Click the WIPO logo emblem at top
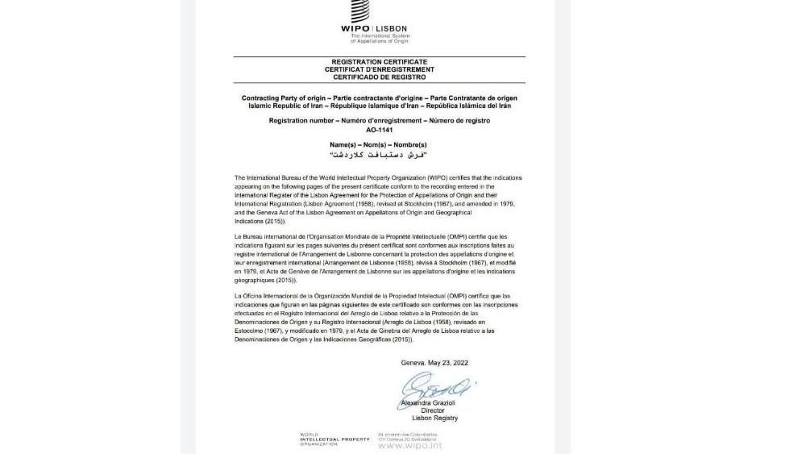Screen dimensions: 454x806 (x=360, y=11)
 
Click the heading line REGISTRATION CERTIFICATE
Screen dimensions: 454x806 (x=379, y=62)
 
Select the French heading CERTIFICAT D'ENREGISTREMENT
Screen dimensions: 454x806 (x=379, y=69)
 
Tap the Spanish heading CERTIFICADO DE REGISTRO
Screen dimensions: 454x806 (x=379, y=77)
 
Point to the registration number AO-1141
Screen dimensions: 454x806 (x=379, y=129)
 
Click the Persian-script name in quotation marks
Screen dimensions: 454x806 (x=379, y=154)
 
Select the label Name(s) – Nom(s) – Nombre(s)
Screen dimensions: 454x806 (x=379, y=145)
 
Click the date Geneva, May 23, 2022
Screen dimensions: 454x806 (x=434, y=363)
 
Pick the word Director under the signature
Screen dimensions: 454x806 (x=433, y=410)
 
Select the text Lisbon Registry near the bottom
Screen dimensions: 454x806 (x=434, y=419)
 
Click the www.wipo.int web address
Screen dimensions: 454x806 (x=409, y=445)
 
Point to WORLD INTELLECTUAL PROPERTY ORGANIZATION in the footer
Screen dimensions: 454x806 (x=334, y=439)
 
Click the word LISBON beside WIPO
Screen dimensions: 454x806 (x=392, y=29)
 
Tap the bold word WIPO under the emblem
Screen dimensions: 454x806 (x=355, y=29)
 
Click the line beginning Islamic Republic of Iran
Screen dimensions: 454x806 (x=379, y=106)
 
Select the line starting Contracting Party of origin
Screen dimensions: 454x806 (x=379, y=98)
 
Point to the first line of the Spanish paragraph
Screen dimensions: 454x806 (x=372, y=297)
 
